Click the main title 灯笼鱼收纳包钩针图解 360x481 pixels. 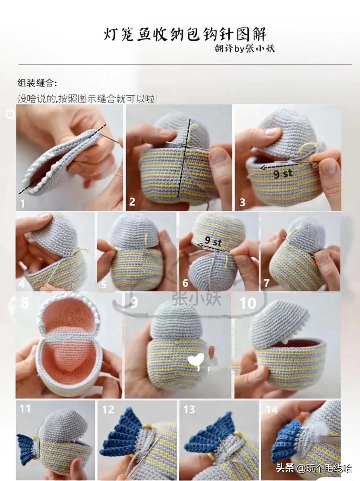tap(185, 34)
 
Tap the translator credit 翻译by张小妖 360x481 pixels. tap(244, 49)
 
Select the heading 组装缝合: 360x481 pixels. tap(37, 83)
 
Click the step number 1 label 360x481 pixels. tap(23, 204)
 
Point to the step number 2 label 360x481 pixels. tap(132, 202)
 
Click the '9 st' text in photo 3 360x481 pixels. tap(283, 174)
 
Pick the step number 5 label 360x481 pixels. tap(104, 285)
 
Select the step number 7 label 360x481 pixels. tap(266, 283)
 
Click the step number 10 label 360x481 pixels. tap(248, 303)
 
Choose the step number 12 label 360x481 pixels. tap(108, 409)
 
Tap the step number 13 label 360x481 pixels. tap(189, 409)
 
